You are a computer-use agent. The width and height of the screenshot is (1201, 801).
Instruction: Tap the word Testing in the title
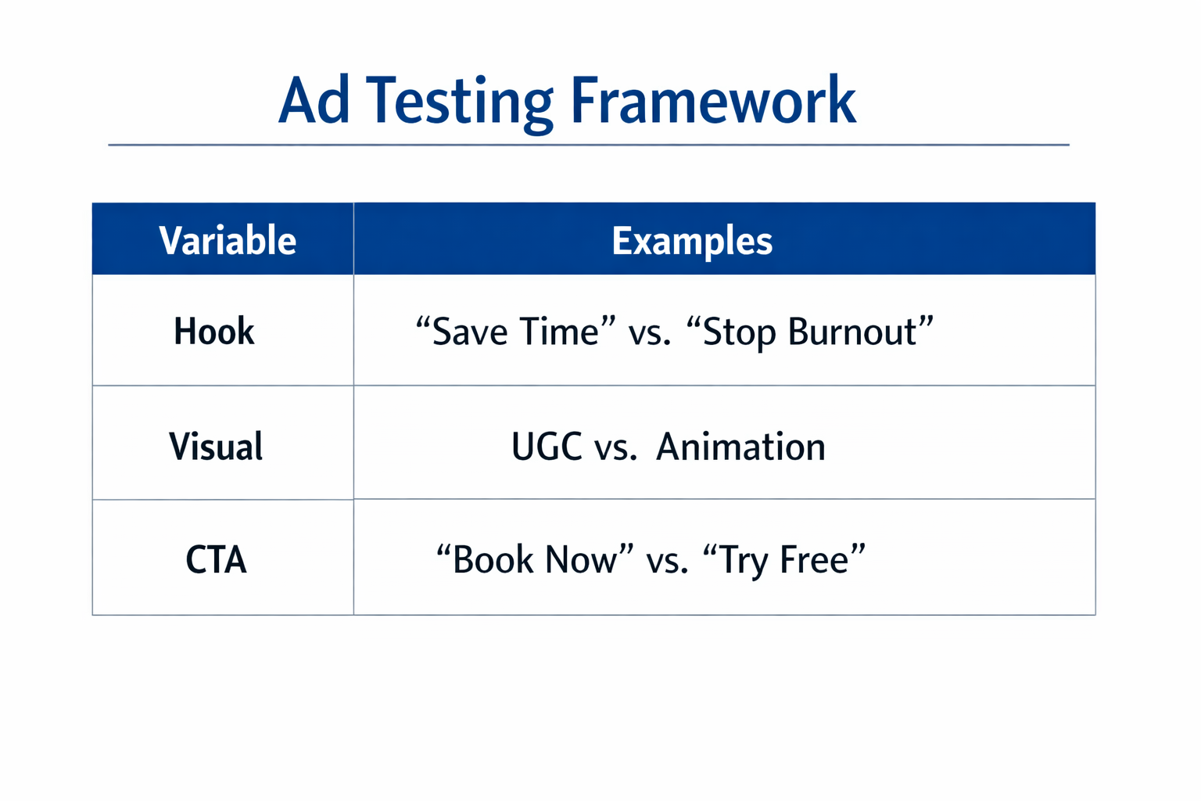[x=460, y=102]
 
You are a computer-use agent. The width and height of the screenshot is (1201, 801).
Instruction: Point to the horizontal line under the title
[x=588, y=145]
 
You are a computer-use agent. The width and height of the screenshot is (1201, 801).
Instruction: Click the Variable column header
[x=228, y=240]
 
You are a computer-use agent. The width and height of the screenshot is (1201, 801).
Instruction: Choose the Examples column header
[x=692, y=240]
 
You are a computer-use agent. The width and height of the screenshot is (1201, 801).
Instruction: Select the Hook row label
[x=214, y=332]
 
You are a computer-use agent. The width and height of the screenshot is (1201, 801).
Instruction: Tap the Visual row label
[x=216, y=447]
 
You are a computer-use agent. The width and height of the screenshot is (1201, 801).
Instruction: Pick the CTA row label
[x=216, y=560]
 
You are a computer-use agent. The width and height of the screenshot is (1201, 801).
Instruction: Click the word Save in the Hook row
[x=470, y=332]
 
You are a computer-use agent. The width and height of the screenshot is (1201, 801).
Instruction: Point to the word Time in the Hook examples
[x=559, y=332]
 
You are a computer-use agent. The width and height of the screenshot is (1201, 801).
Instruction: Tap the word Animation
[x=740, y=447]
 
